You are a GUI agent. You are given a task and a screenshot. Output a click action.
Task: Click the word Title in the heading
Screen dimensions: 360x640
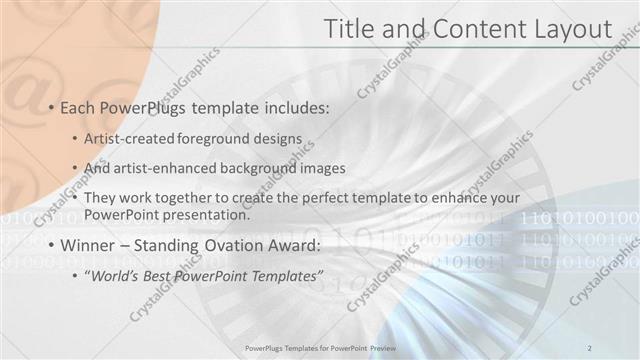354,30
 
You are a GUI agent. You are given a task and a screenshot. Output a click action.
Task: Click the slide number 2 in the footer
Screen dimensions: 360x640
590,347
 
